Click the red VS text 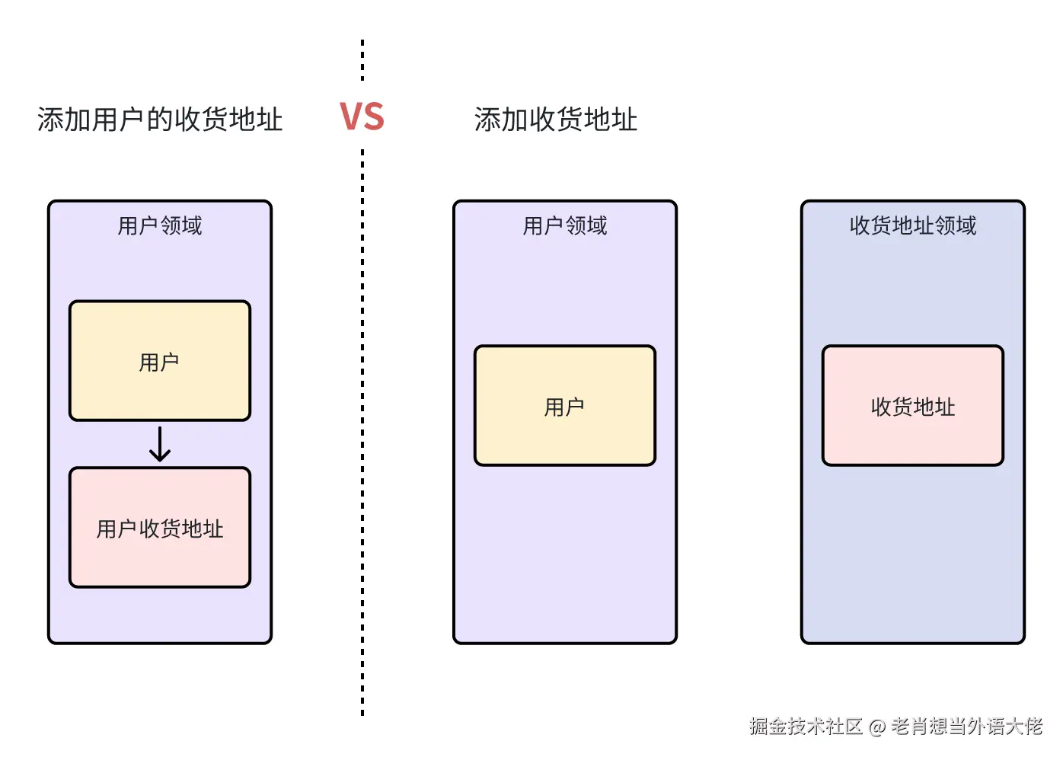click(x=362, y=117)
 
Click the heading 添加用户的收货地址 click(x=160, y=120)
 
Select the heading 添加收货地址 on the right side click(x=556, y=120)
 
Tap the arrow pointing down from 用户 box click(x=160, y=445)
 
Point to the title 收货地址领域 click(x=912, y=225)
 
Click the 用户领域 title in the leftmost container click(x=160, y=225)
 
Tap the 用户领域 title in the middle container click(x=564, y=225)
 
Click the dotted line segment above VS click(x=362, y=61)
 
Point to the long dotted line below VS click(x=362, y=434)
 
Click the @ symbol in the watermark click(x=876, y=727)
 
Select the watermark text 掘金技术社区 click(x=805, y=727)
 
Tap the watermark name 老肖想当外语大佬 click(x=966, y=727)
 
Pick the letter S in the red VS click(x=373, y=117)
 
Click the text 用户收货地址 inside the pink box click(x=160, y=529)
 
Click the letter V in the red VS click(x=350, y=117)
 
